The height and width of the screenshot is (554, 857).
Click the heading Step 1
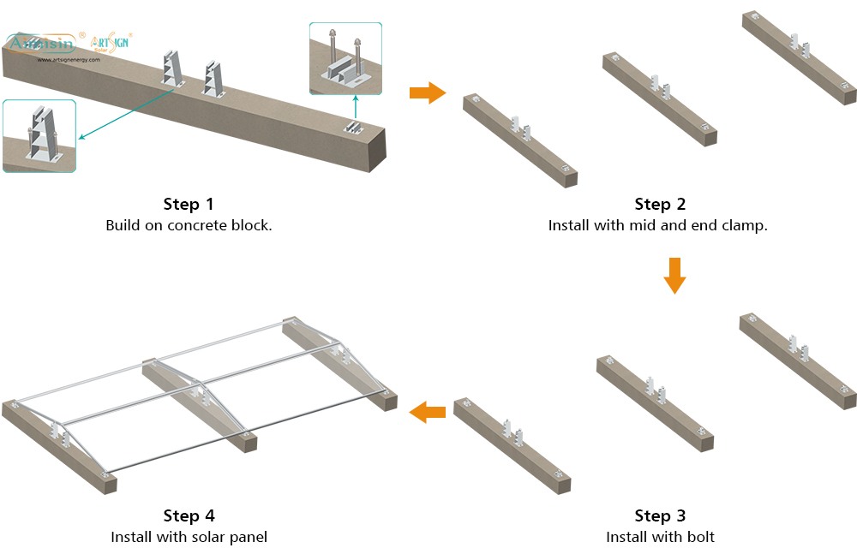(189, 204)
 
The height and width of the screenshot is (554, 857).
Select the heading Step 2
(660, 204)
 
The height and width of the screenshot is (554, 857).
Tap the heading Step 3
(660, 515)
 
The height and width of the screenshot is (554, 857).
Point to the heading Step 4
(189, 515)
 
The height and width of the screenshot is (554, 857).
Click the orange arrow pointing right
(427, 92)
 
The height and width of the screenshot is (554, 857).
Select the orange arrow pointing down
(675, 275)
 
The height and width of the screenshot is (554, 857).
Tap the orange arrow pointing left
(428, 413)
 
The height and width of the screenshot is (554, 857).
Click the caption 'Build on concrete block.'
(189, 226)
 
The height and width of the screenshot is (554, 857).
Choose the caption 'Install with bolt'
(660, 537)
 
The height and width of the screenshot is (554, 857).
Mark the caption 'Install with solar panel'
(189, 537)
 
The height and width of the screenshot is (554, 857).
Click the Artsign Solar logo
(110, 44)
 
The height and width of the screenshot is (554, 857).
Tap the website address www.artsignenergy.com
(69, 60)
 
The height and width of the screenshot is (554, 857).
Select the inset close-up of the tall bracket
(39, 135)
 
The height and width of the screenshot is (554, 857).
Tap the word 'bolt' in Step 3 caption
(700, 537)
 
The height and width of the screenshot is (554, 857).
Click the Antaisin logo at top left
(41, 43)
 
